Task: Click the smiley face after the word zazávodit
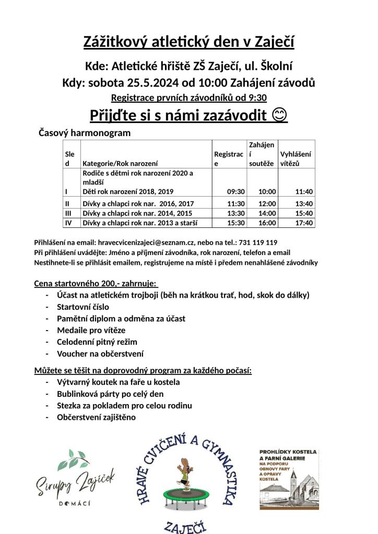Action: pyautogui.click(x=280, y=115)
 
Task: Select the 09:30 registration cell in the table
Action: pyautogui.click(x=237, y=191)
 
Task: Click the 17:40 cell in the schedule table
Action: pyautogui.click(x=304, y=223)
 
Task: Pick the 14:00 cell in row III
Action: pyautogui.click(x=268, y=213)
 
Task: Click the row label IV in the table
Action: pyautogui.click(x=68, y=223)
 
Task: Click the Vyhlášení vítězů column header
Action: pyautogui.click(x=296, y=159)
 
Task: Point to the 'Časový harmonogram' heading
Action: pyautogui.click(x=85, y=133)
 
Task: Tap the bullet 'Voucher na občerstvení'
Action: pyautogui.click(x=100, y=354)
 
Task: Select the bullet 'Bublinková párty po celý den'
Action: pyautogui.click(x=110, y=394)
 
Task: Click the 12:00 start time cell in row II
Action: pyautogui.click(x=268, y=203)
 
